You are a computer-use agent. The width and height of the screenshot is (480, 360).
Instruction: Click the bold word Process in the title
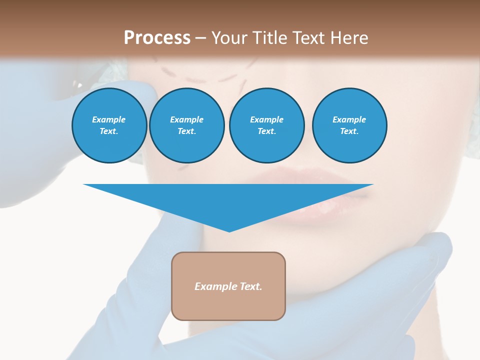point(157,38)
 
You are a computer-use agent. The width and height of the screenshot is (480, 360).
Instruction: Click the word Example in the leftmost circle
point(109,119)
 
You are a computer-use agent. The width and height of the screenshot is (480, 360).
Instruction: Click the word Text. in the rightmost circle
point(349,131)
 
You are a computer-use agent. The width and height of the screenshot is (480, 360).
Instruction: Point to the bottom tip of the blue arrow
point(229,231)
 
